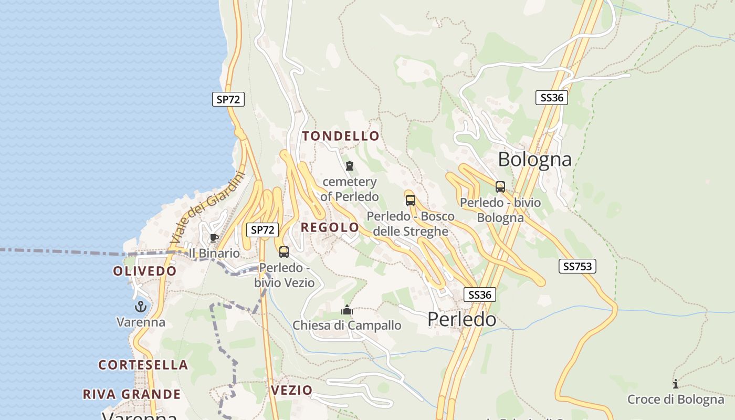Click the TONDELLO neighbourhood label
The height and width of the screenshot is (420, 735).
pos(340,136)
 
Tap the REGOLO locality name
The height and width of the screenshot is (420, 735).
pos(330,227)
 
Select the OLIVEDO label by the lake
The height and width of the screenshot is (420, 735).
pos(145,271)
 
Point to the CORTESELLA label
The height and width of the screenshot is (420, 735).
pos(143,365)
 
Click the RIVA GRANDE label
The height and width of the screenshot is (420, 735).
pos(131,394)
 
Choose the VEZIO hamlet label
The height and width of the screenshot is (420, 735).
pos(291,390)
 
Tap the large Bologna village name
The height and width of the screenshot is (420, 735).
pos(534,159)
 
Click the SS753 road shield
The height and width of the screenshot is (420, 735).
pos(577,266)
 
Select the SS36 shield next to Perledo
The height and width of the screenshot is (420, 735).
pos(479,295)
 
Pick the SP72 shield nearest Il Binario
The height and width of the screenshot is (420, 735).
pos(262,229)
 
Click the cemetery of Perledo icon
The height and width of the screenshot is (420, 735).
pos(350,166)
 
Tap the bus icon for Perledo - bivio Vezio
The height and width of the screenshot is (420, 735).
pos(284,252)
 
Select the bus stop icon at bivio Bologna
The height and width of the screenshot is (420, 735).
pos(500,187)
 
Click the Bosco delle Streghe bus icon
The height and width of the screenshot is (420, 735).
pos(411,200)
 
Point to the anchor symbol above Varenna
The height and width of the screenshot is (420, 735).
pos(140,307)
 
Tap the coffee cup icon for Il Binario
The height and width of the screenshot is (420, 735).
pos(214,238)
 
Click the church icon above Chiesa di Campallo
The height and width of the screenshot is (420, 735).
pos(346,310)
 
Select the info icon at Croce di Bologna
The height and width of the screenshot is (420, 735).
pos(675,384)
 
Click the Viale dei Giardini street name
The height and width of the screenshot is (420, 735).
pos(208,208)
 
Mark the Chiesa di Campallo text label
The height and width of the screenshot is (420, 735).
pos(346,325)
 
